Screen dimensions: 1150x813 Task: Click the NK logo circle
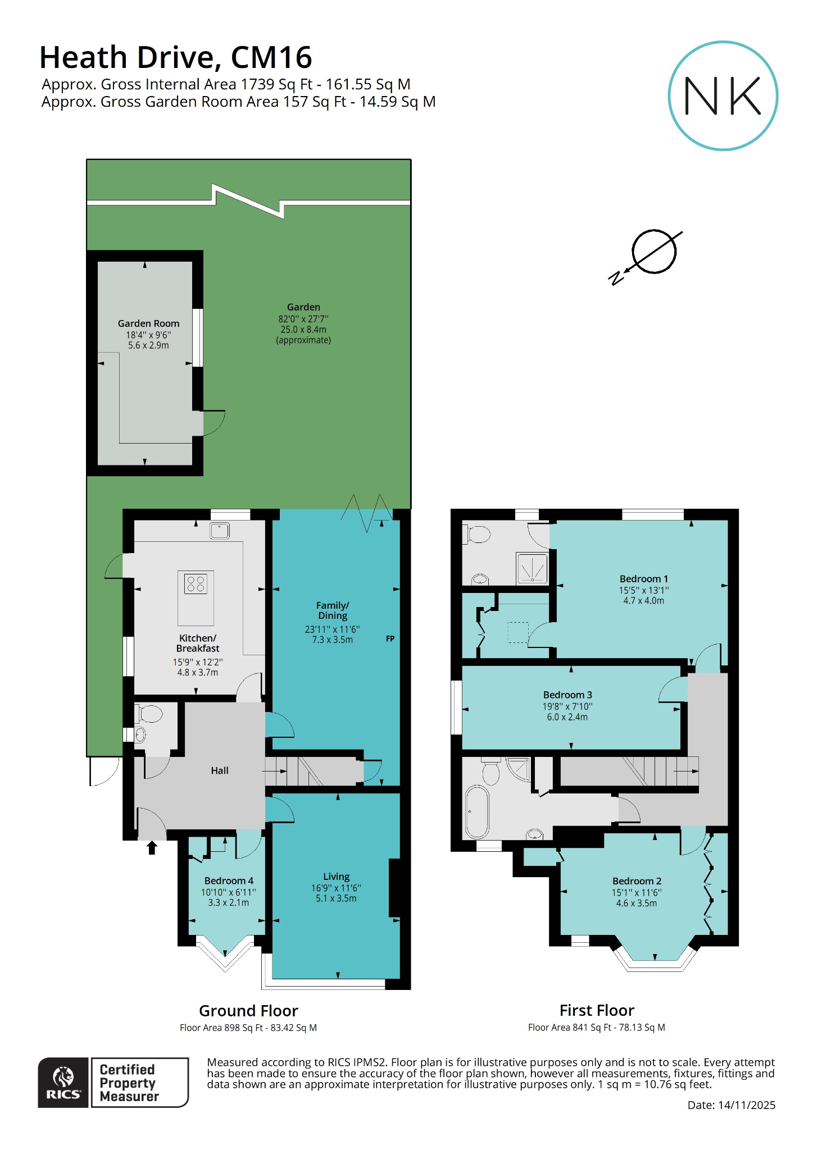(x=723, y=95)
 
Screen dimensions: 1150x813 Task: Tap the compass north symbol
(x=653, y=252)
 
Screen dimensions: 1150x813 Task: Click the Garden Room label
(x=148, y=323)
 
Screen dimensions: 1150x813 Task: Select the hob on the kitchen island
(x=196, y=584)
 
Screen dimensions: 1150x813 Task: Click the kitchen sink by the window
(x=220, y=530)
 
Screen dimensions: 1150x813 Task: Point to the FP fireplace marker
(x=390, y=638)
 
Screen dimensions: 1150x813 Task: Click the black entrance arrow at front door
(x=152, y=847)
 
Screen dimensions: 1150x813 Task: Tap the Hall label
(x=219, y=770)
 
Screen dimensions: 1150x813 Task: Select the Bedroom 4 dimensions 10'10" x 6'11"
(x=228, y=892)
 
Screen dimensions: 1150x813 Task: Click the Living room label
(x=336, y=877)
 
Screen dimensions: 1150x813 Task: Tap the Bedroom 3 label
(x=567, y=695)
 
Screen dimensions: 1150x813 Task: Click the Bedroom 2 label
(x=637, y=881)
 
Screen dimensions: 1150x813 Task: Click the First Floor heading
(x=597, y=1010)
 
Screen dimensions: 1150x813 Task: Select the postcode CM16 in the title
(x=271, y=57)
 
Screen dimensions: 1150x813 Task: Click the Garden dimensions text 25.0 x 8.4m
(x=303, y=330)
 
